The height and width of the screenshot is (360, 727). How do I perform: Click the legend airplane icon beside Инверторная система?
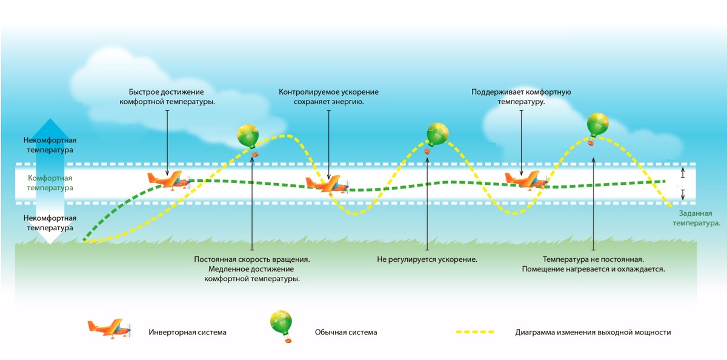[109, 328]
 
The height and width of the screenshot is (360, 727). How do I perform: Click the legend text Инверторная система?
[187, 332]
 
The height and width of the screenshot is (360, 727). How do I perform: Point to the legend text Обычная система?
[345, 332]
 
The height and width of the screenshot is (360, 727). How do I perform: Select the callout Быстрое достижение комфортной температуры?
[167, 97]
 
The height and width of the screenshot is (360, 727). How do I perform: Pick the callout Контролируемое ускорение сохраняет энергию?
[328, 97]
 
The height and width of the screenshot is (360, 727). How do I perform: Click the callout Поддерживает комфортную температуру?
[521, 97]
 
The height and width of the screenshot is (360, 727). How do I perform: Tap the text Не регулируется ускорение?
[427, 259]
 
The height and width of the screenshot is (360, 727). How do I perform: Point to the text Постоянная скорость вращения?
[252, 259]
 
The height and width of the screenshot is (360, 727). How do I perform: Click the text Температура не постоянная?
[593, 259]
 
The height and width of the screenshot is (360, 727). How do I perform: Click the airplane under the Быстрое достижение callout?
[167, 179]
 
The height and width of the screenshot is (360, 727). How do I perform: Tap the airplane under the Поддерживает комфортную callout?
[525, 179]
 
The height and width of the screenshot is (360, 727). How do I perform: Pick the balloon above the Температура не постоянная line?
[597, 125]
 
